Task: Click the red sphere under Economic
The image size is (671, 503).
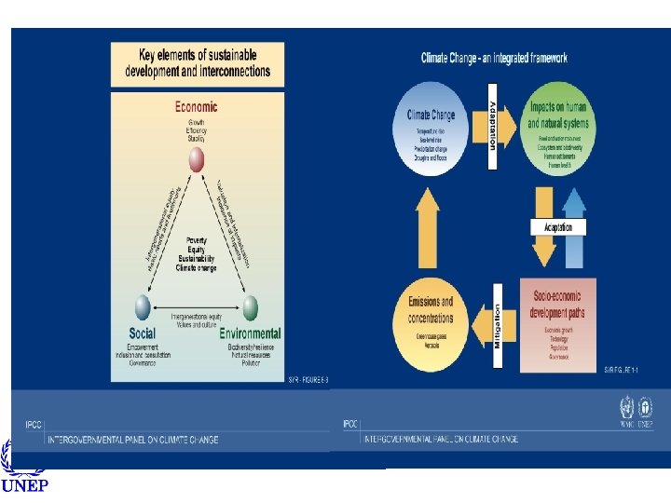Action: (x=196, y=161)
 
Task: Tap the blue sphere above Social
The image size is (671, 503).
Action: (x=141, y=306)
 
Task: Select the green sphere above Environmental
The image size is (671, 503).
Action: (x=251, y=306)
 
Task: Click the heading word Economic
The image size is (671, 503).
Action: (x=197, y=107)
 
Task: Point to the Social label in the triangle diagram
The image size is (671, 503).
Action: (x=143, y=333)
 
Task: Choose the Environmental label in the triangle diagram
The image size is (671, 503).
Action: (x=250, y=333)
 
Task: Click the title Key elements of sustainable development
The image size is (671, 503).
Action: (x=198, y=63)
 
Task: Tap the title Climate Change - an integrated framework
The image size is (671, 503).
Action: (x=494, y=58)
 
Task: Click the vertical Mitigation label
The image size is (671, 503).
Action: (x=498, y=325)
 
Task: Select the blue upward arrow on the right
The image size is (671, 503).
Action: (x=575, y=228)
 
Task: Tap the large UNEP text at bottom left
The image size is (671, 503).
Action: (x=25, y=485)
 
